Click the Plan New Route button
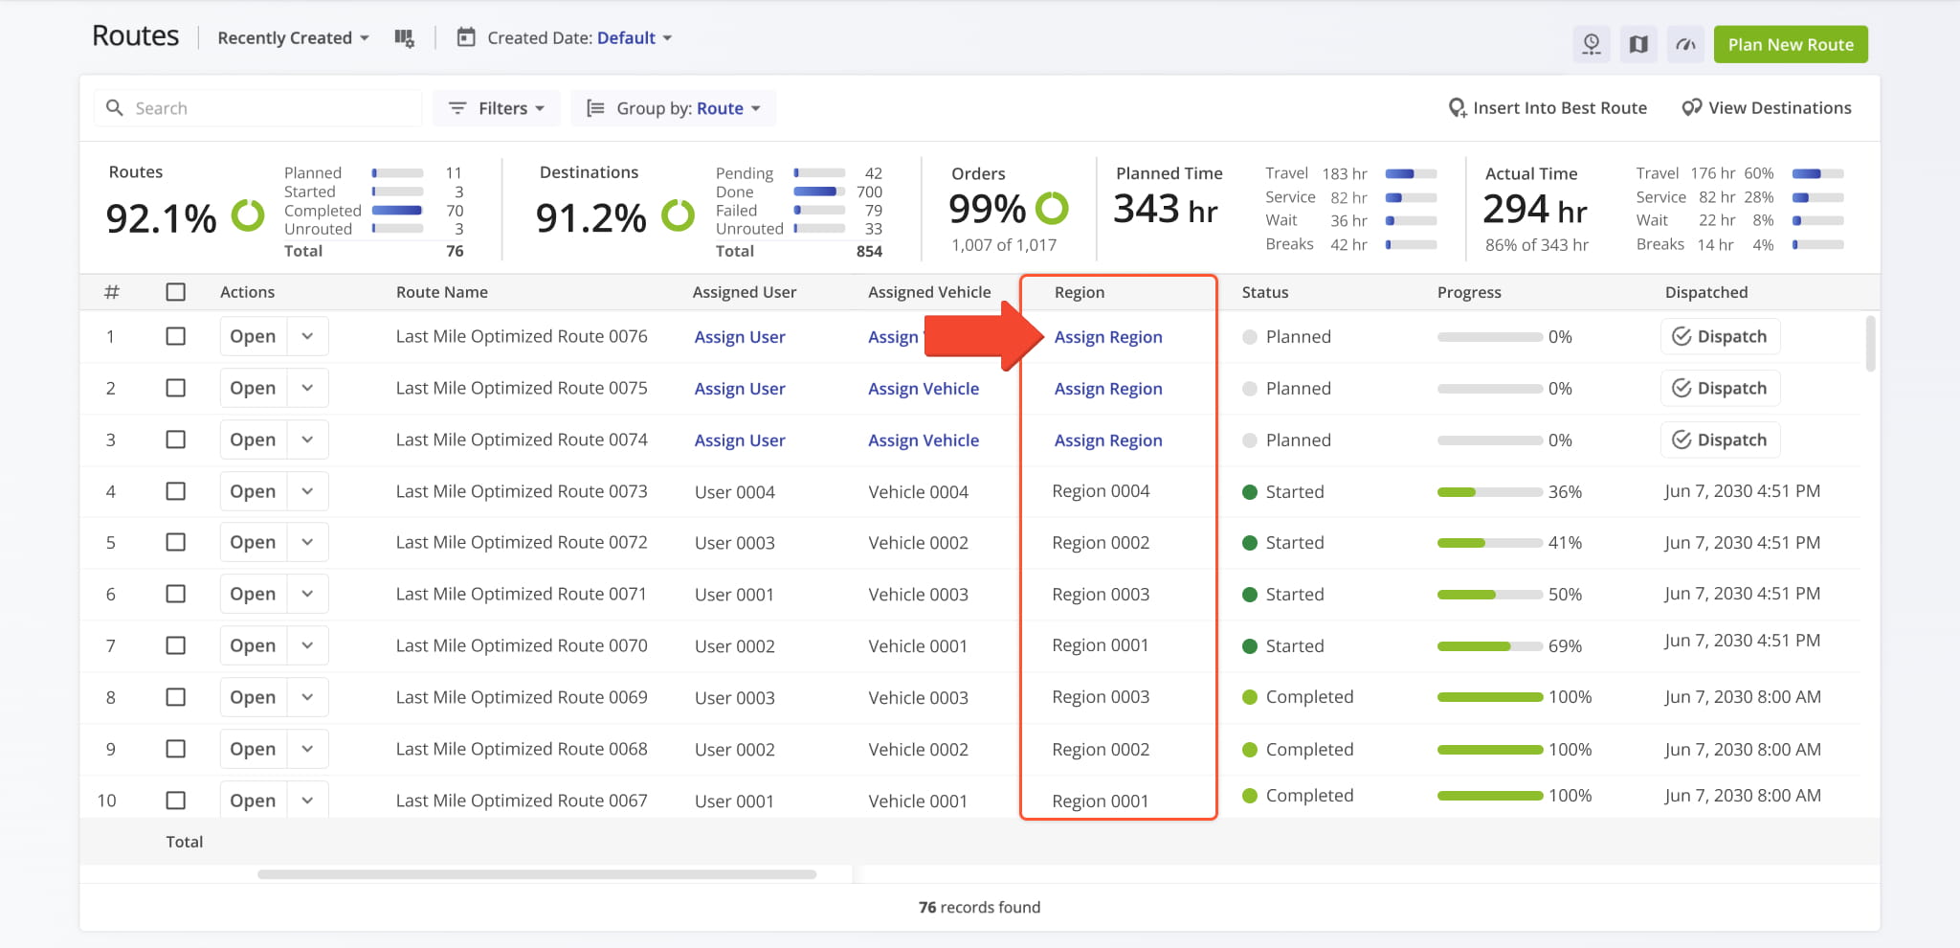click(1791, 44)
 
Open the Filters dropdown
click(497, 108)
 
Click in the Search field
click(258, 108)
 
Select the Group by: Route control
click(674, 108)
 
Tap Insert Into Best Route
click(1548, 108)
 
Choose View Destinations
click(1767, 108)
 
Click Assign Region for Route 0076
click(1108, 337)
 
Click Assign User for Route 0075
click(740, 389)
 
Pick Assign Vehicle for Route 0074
click(924, 440)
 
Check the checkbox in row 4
click(176, 491)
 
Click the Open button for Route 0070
click(253, 645)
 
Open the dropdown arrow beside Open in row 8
click(307, 697)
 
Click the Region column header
click(1080, 292)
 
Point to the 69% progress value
click(1565, 646)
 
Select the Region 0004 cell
click(1101, 491)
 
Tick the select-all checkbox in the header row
click(176, 292)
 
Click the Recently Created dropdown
click(293, 38)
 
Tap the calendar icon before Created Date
click(466, 37)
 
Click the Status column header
click(1265, 292)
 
